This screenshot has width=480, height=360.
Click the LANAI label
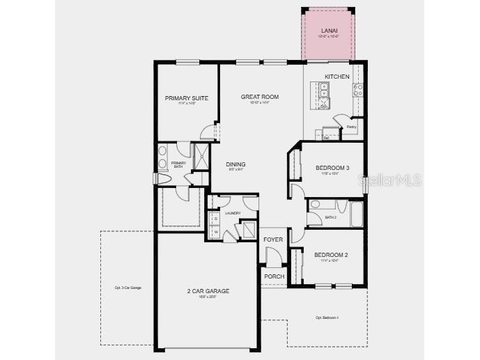coord(330,31)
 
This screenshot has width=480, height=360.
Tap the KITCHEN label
coord(337,77)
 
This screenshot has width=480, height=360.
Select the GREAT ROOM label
coord(260,97)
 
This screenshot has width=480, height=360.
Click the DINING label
coord(235,165)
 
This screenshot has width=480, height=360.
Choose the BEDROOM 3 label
coord(332,168)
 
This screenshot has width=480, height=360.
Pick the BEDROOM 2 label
coord(331,255)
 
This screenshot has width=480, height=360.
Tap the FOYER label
coord(273,240)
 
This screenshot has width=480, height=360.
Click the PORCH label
coord(274,276)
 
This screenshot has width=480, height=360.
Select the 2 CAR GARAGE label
coord(208,291)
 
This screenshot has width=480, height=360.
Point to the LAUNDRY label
coord(233,213)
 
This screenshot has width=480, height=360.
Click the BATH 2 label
coord(332,217)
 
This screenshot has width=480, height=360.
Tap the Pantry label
coord(352,127)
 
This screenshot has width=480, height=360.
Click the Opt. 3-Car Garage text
coord(128,288)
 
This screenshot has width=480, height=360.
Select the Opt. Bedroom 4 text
coord(327,318)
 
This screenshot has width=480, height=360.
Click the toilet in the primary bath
coord(164,179)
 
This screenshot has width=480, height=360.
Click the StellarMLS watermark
coord(389,180)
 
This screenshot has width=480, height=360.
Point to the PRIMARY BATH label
coord(178,165)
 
